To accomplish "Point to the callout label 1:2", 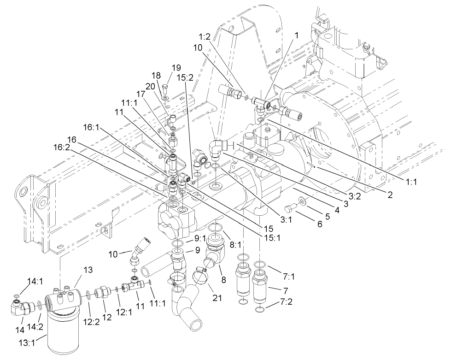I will (x=205, y=36).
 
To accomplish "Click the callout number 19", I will (x=176, y=68).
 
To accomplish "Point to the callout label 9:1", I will (x=200, y=238).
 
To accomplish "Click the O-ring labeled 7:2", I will (x=261, y=309).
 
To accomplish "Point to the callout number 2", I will (x=390, y=195).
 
